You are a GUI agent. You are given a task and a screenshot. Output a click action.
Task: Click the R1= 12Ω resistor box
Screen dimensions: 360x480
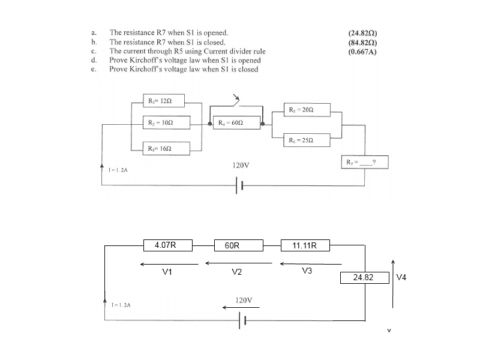click(163, 100)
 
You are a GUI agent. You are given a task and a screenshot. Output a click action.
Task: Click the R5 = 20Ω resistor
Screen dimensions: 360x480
click(304, 110)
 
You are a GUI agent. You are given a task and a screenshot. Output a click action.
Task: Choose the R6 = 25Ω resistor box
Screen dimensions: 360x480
click(304, 139)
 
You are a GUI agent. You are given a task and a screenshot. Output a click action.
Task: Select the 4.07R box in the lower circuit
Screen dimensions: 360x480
click(169, 245)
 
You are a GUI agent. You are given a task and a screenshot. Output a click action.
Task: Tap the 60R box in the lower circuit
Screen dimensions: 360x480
click(238, 245)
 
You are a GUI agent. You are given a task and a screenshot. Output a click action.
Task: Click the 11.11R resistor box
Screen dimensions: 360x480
click(305, 245)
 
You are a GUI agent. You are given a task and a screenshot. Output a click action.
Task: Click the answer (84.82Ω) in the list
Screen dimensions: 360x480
click(366, 43)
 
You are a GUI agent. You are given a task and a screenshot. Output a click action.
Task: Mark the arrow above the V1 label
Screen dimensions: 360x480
click(170, 264)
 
